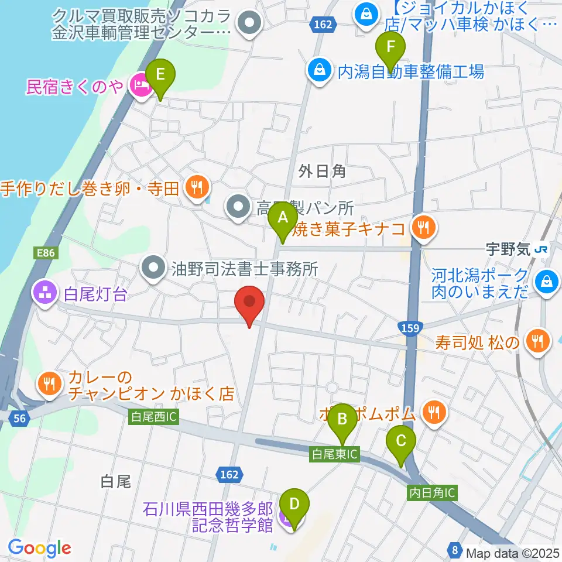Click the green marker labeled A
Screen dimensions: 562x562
click(x=283, y=219)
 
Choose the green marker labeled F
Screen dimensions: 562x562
click(x=391, y=47)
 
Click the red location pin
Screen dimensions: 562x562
click(x=249, y=303)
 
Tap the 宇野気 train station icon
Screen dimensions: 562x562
click(x=540, y=249)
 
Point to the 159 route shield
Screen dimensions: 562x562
click(x=409, y=327)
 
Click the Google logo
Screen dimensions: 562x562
click(x=40, y=548)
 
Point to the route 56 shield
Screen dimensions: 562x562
click(x=19, y=416)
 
